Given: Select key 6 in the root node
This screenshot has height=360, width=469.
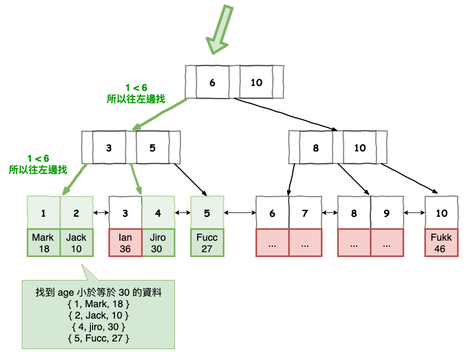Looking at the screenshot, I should pyautogui.click(x=212, y=82).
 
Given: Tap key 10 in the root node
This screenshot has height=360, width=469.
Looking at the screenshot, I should pyautogui.click(x=256, y=82).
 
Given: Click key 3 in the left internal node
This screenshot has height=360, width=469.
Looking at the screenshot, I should pyautogui.click(x=109, y=148).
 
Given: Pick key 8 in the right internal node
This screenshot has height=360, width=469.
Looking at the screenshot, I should pyautogui.click(x=316, y=148).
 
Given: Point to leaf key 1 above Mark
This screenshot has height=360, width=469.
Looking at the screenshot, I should pyautogui.click(x=44, y=213).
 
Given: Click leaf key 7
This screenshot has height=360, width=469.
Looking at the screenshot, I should pyautogui.click(x=305, y=213).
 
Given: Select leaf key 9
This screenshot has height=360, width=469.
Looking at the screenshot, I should pyautogui.click(x=387, y=213).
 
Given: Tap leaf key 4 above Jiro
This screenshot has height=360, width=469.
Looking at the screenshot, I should pyautogui.click(x=158, y=213).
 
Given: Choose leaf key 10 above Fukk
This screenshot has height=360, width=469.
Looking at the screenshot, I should pyautogui.click(x=441, y=213).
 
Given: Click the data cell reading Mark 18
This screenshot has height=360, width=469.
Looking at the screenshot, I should pyautogui.click(x=44, y=243).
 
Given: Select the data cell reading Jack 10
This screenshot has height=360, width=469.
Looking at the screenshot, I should pyautogui.click(x=76, y=243).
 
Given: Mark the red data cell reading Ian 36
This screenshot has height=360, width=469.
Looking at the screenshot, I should pyautogui.click(x=125, y=243).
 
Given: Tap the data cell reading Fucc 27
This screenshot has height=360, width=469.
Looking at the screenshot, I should pyautogui.click(x=207, y=243).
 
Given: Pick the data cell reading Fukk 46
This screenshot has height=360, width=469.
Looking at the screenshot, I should pyautogui.click(x=441, y=243).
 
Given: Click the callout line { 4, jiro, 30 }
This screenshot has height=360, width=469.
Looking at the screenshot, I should pyautogui.click(x=98, y=327).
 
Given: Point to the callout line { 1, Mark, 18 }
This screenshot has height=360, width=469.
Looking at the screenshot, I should pyautogui.click(x=98, y=304).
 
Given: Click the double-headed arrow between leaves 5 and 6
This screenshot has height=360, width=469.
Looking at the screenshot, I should pyautogui.click(x=240, y=213).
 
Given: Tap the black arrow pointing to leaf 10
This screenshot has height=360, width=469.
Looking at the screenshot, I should pyautogui.click(x=414, y=179).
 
